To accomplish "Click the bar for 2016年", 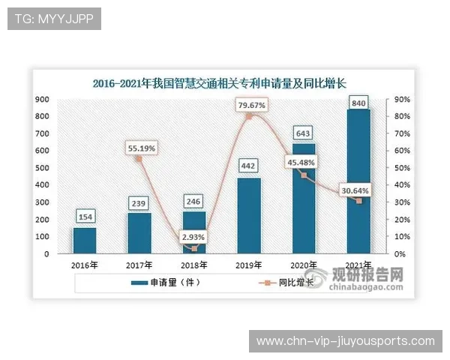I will tap(84, 240).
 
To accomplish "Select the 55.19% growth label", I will tap(140, 148).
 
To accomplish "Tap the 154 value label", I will tap(85, 217).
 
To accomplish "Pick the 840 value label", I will tap(358, 102).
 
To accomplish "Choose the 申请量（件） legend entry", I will tap(168, 283).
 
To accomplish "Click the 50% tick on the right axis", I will tap(402, 168).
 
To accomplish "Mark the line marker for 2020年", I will tap(304, 175).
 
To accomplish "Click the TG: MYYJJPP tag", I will tap(54, 19).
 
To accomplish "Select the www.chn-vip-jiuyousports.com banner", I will tap(345, 341).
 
